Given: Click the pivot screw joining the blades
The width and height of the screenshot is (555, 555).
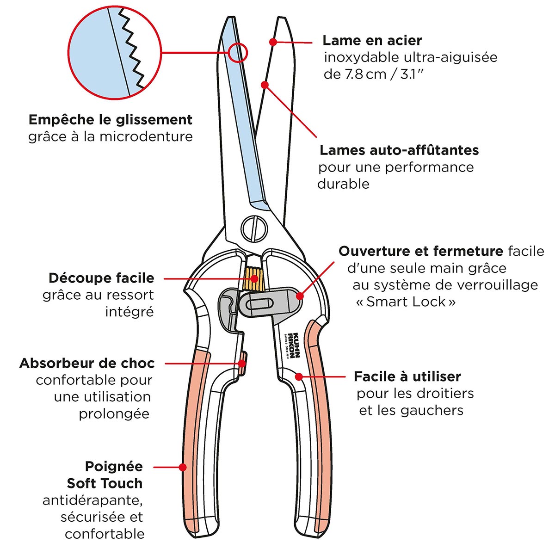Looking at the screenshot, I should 254,227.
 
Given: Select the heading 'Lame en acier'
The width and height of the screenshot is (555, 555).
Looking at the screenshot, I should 372,41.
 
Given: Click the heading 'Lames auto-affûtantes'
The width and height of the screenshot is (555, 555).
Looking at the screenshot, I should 399,150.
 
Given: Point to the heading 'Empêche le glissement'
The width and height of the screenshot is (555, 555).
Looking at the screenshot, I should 111,120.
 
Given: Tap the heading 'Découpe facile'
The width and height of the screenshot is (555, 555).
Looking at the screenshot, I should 101,278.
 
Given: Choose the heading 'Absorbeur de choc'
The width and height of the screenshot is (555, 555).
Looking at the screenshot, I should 87,363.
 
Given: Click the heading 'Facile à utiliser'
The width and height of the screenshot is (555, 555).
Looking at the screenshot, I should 407,376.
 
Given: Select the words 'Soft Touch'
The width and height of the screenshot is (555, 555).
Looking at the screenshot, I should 105,483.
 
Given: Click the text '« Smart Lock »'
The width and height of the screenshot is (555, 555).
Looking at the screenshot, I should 406,302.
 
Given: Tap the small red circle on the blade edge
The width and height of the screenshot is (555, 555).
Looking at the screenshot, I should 238,52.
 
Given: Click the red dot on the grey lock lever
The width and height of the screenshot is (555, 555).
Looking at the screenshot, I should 300,295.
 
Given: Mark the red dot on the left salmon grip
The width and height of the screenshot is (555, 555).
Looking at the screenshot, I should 183,467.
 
